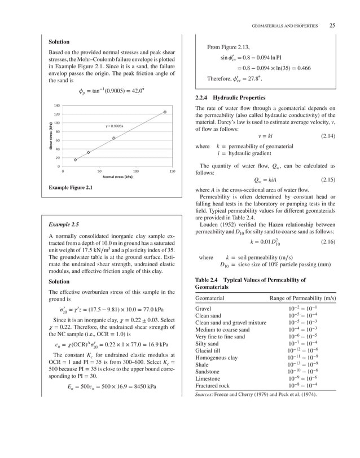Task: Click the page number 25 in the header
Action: (x=332, y=25)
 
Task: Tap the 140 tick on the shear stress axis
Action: (x=56, y=105)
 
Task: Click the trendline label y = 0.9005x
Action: (x=115, y=126)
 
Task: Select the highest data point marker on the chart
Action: (x=165, y=112)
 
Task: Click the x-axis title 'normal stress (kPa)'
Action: (x=117, y=177)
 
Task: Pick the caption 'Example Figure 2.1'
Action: (x=71, y=187)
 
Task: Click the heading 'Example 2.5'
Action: (x=64, y=224)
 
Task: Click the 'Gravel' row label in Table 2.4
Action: (x=203, y=309)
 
